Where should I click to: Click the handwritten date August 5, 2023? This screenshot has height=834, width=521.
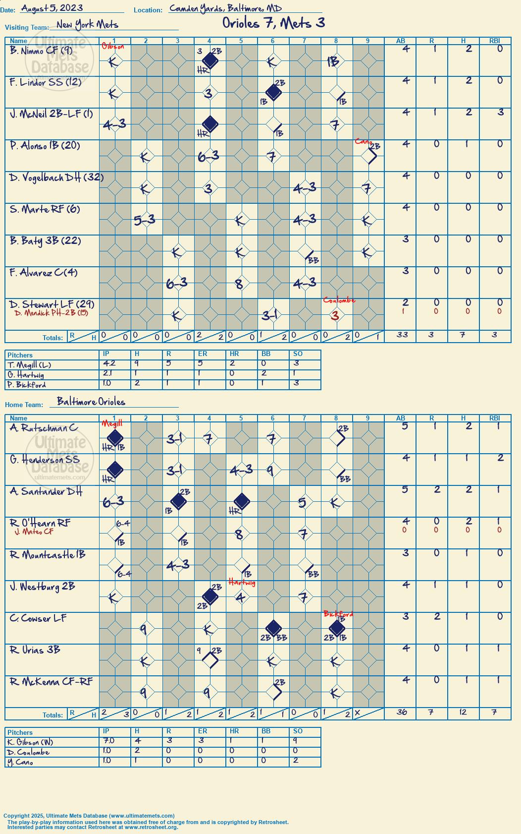(52, 8)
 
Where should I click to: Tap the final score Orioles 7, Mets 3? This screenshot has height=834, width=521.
(274, 23)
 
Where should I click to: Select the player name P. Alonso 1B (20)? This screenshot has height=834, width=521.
(45, 145)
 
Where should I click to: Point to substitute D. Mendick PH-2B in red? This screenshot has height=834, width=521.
(52, 313)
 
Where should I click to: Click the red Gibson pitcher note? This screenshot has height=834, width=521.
(113, 46)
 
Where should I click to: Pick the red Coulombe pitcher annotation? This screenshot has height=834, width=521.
(339, 300)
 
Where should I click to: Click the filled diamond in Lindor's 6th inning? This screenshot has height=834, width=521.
(274, 92)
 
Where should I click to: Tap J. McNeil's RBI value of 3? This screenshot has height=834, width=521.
(501, 112)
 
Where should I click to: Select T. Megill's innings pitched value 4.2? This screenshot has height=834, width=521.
(106, 363)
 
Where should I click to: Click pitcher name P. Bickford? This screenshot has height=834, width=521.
(26, 385)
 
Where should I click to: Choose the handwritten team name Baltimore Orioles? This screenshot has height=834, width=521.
(91, 401)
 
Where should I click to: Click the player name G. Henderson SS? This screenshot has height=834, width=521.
(45, 460)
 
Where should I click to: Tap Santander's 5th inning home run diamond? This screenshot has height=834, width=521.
(242, 501)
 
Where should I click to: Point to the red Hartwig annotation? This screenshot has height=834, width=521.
(242, 582)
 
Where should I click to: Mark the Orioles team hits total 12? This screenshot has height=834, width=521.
(463, 712)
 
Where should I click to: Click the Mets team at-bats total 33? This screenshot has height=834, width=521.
(402, 335)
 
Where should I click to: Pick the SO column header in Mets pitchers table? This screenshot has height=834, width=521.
(298, 354)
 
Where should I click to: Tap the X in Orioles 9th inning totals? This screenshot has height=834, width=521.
(358, 713)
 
